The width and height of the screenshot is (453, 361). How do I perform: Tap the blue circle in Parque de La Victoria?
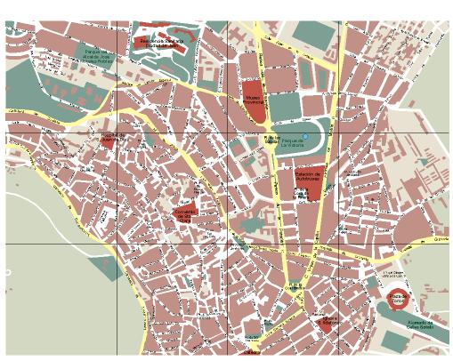304,136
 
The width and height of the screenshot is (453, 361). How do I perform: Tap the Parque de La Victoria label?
293,141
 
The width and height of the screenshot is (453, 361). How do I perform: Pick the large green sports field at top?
311,36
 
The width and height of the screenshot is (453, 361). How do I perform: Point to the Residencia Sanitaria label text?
160,40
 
